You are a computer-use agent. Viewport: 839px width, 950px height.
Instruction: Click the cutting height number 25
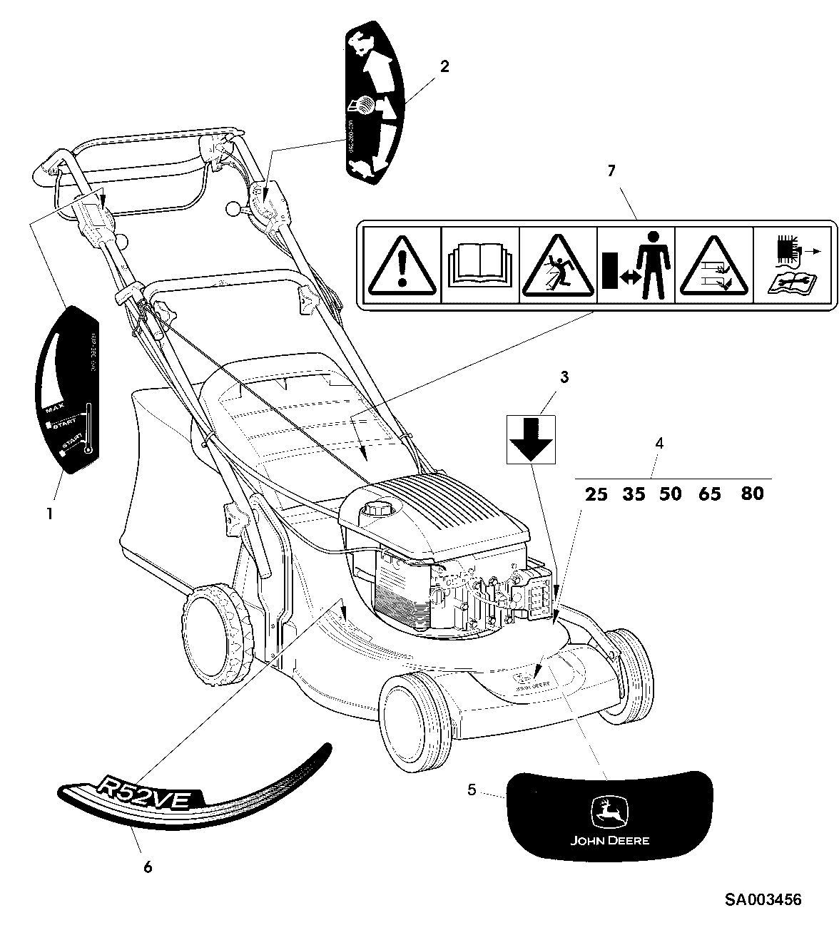pos(596,494)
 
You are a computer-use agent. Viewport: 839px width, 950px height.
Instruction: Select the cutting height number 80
pos(752,493)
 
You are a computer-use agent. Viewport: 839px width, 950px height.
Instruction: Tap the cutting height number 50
pos(671,494)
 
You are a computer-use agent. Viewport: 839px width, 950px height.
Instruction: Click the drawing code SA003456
pos(763,899)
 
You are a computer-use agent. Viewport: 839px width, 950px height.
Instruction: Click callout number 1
pos(49,513)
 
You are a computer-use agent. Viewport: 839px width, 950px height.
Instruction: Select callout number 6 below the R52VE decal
pos(148,867)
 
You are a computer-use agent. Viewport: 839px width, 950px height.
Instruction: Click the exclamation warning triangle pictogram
pos(402,266)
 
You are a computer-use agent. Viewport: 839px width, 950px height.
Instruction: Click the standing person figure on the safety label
pos(651,265)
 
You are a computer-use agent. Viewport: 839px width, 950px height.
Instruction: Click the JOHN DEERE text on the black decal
pos(609,840)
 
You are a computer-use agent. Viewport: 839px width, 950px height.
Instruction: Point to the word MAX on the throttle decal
pos(55,410)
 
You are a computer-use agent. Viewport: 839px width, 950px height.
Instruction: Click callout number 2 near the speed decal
pos(444,66)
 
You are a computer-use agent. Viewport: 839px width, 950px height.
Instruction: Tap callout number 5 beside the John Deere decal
pos(472,790)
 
